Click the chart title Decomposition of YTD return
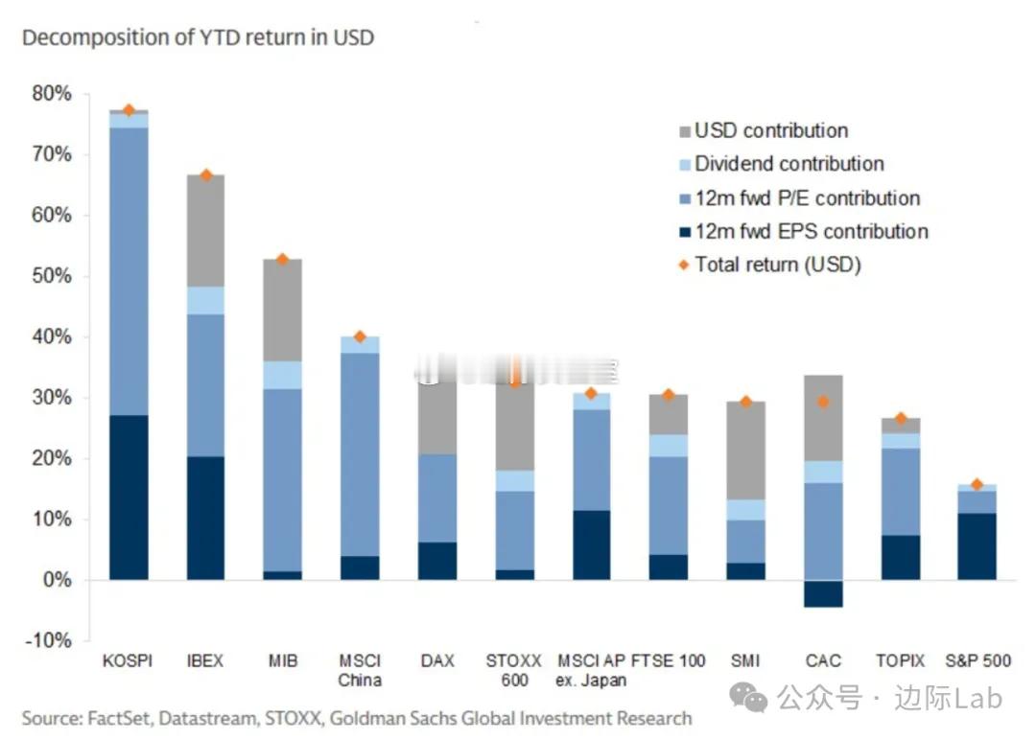[x=198, y=38]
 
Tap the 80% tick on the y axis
[x=51, y=94]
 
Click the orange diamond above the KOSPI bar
[x=129, y=110]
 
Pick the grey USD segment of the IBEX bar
[x=205, y=230]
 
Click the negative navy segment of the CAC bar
[x=823, y=593]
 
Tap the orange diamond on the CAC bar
[x=823, y=402]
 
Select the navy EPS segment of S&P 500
[x=977, y=545]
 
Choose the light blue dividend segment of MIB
[x=283, y=375]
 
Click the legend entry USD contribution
[x=771, y=130]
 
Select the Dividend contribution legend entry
[x=789, y=164]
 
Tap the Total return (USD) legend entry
[x=777, y=265]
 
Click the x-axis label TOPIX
[x=900, y=661]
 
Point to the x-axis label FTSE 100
[x=669, y=661]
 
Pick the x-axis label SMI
[x=745, y=661]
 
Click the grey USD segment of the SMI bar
[x=745, y=450]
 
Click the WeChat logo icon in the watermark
[x=748, y=697]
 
